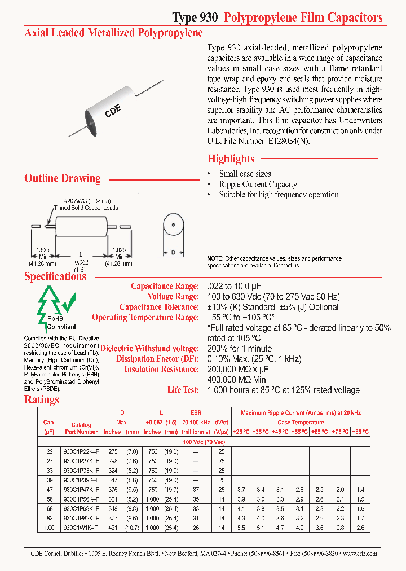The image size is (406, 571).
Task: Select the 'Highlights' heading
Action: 231,159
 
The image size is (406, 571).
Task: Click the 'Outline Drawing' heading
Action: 62,178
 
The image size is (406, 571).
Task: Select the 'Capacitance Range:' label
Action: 165,286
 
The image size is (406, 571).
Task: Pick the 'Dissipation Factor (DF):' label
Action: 157,359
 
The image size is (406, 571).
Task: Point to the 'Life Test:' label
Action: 183,390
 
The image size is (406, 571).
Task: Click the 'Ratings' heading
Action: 41,399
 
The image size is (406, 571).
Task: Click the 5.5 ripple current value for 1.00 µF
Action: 241,528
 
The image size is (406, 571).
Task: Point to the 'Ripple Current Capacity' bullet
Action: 258,184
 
